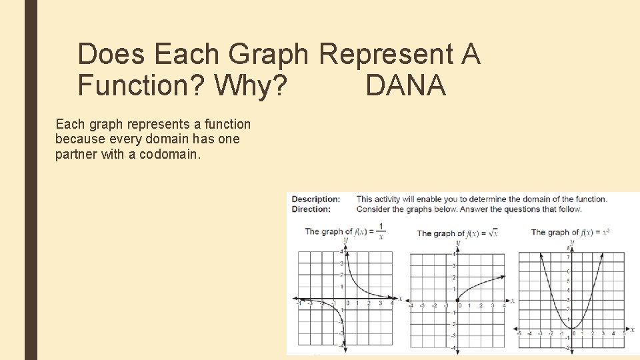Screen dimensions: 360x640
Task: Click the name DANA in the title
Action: pyautogui.click(x=405, y=85)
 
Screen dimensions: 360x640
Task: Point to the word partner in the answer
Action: pyautogui.click(x=77, y=155)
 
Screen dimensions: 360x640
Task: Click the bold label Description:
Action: pyautogui.click(x=316, y=199)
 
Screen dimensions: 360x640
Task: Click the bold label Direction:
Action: pyautogui.click(x=311, y=209)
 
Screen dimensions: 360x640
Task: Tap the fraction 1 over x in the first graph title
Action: pyautogui.click(x=381, y=231)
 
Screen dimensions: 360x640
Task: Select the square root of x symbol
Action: pyautogui.click(x=493, y=233)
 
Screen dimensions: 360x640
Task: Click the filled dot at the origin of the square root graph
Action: pyautogui.click(x=457, y=300)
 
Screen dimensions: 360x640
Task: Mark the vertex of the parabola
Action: pyautogui.click(x=573, y=327)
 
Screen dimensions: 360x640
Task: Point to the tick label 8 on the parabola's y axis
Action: pyautogui.click(x=568, y=249)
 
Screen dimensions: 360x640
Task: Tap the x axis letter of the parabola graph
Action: pyautogui.click(x=633, y=329)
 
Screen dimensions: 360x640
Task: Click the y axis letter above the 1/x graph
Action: pyautogui.click(x=345, y=239)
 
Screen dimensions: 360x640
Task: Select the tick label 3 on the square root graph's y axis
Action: pyautogui.click(x=453, y=265)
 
